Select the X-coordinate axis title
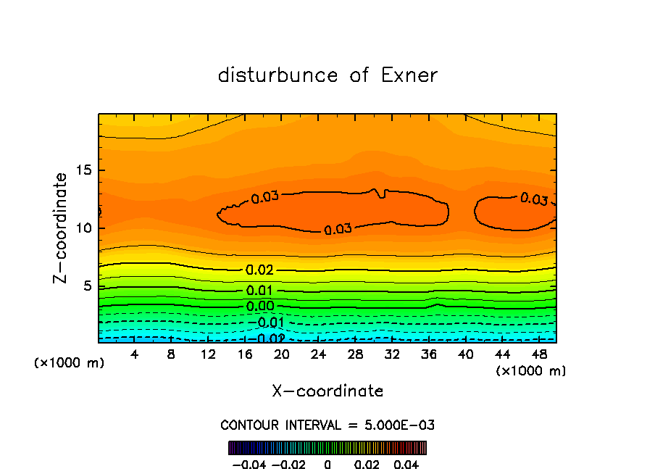coord(327,391)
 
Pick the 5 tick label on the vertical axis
coord(85,286)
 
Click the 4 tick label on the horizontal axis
coord(135,354)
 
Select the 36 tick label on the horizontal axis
coord(428,354)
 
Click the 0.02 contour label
coord(259,270)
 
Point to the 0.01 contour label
coord(259,291)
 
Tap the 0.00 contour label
coord(259,307)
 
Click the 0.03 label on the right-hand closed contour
coord(534,199)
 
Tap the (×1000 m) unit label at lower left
coord(69,363)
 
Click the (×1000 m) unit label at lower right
coord(531,371)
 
